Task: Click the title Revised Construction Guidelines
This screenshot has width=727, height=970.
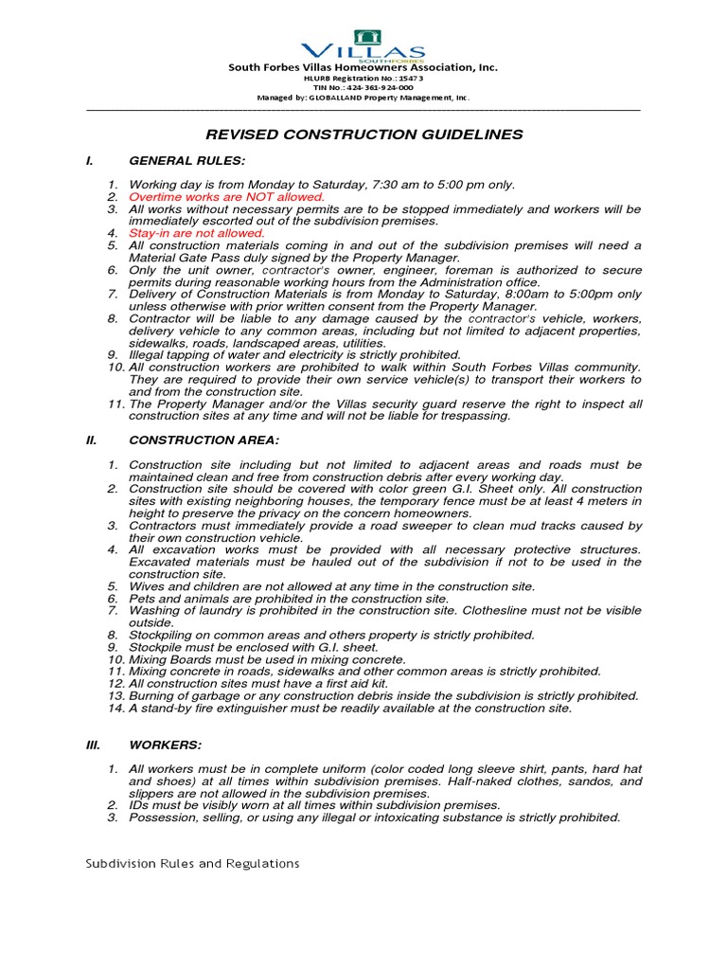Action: tap(363, 135)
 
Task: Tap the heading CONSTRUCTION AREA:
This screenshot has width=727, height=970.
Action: tap(195, 439)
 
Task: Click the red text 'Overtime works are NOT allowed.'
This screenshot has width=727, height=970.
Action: tap(226, 196)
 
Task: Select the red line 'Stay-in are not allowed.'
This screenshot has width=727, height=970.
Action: tap(197, 232)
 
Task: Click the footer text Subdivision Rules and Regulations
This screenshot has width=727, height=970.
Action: tap(192, 863)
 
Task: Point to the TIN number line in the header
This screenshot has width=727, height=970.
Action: tap(363, 86)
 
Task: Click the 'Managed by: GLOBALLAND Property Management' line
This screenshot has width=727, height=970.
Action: tap(363, 98)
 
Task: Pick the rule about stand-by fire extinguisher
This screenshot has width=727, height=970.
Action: tap(350, 708)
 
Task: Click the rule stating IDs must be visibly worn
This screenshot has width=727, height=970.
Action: tap(314, 805)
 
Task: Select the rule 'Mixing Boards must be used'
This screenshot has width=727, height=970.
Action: tap(267, 659)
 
